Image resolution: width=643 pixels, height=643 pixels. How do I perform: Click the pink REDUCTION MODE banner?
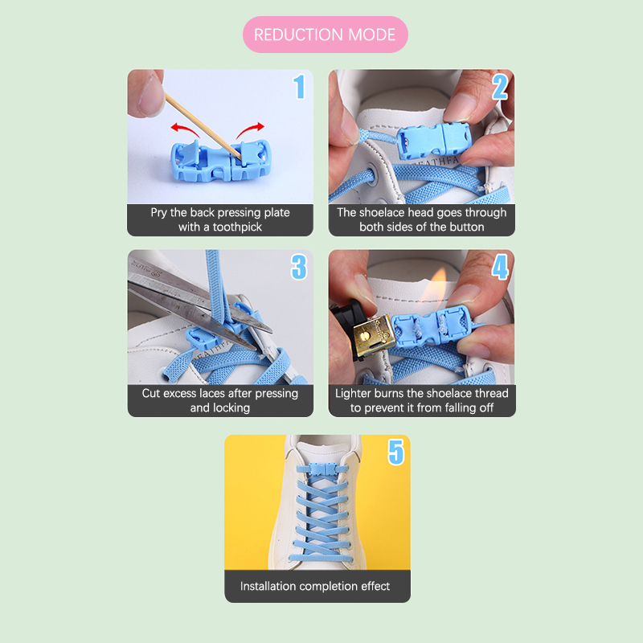[x=326, y=35]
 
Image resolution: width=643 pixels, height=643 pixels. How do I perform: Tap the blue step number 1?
[x=299, y=87]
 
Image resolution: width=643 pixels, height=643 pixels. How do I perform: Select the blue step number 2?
[x=500, y=87]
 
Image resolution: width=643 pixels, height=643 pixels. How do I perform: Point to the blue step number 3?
[x=299, y=267]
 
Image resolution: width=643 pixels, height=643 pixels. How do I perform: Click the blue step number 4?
[x=500, y=267]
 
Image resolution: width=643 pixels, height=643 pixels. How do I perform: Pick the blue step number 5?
[x=396, y=452]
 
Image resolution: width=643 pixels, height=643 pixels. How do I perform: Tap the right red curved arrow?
[x=250, y=130]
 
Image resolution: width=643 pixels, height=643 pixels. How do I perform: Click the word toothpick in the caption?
[x=237, y=227]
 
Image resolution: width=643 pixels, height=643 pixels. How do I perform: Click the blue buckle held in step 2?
[x=434, y=141]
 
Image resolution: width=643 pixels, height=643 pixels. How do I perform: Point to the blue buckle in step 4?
[x=430, y=326]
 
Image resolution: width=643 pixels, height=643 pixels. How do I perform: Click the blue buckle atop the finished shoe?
[x=322, y=469]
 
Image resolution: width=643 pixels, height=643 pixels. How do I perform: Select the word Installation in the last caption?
[x=268, y=586]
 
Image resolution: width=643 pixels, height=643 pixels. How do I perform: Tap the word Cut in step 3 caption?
[x=151, y=393]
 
